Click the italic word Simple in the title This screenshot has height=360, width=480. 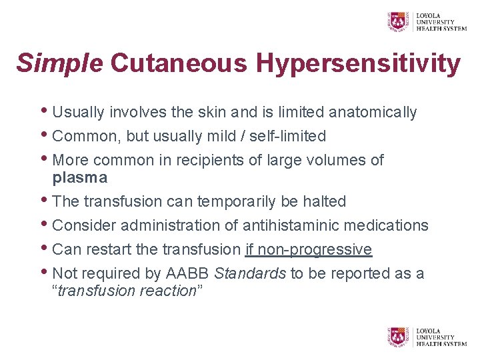click(59, 64)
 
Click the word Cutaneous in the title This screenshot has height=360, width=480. click(179, 64)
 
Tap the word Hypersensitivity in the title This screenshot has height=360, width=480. click(359, 64)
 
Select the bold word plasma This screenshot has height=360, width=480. click(79, 177)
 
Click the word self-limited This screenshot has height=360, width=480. click(287, 136)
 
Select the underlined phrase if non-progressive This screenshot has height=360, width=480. click(308, 249)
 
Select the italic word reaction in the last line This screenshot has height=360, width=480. click(167, 291)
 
